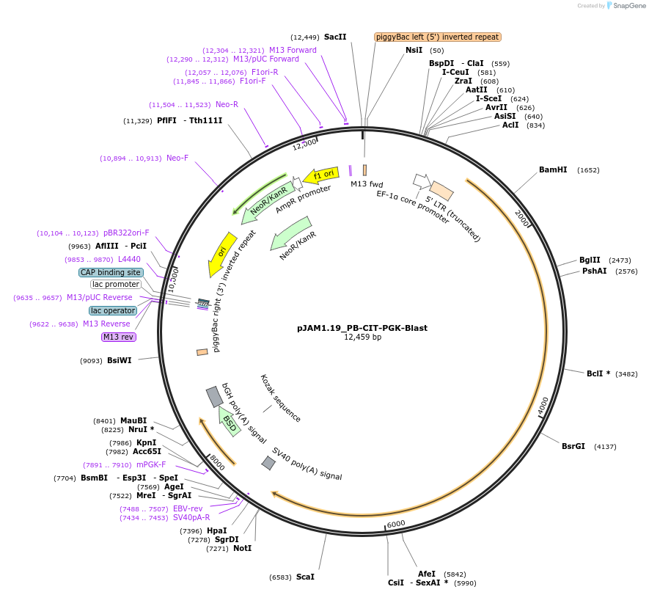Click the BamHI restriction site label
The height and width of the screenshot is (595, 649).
point(553,169)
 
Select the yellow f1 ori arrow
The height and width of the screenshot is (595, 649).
point(322,175)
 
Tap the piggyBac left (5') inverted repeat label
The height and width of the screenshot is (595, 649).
point(437,37)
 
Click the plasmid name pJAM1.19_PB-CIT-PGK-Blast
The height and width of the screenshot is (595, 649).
point(362,328)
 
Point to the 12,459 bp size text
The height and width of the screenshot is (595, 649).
point(362,337)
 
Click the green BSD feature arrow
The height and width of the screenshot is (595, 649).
point(230,421)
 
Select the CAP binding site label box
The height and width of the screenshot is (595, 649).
point(110,272)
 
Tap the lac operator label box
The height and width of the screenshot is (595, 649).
point(113,310)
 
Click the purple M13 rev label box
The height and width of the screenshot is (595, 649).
point(119,337)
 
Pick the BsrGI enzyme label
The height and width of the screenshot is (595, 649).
point(573,446)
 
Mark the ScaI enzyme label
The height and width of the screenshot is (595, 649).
point(305,577)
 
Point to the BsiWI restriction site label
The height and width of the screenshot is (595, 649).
point(119,360)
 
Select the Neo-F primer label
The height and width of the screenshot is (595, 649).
point(177,158)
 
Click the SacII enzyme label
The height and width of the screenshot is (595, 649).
point(335,37)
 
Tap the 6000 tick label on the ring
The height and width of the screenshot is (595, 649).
point(396,524)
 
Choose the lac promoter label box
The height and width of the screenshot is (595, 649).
point(115,284)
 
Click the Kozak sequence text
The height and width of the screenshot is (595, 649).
point(280,398)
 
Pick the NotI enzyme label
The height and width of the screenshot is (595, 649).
point(243,548)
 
